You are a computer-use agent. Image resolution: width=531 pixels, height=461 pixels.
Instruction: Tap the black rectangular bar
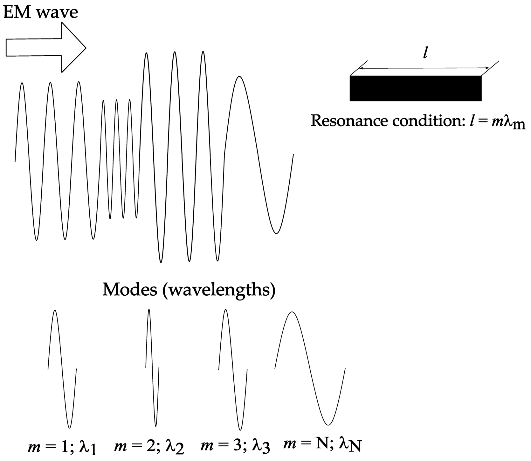[x=415, y=88]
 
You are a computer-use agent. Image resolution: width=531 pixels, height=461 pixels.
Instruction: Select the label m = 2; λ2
[x=149, y=447]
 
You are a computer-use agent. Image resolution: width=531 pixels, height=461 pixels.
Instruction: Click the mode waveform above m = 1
[x=62, y=369]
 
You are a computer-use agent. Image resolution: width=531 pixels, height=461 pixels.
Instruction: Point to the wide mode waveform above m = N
[x=310, y=369]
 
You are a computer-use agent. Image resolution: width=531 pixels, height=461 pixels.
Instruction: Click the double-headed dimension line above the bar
[x=425, y=68]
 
